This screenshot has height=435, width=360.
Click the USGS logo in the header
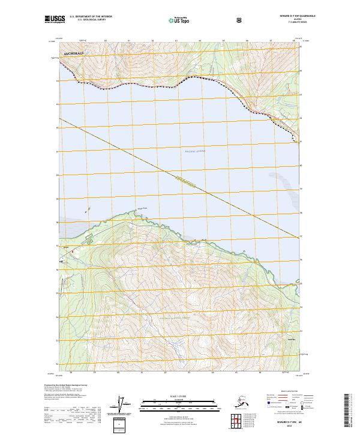click(55, 20)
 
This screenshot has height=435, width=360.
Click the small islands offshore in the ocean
click(88, 211)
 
